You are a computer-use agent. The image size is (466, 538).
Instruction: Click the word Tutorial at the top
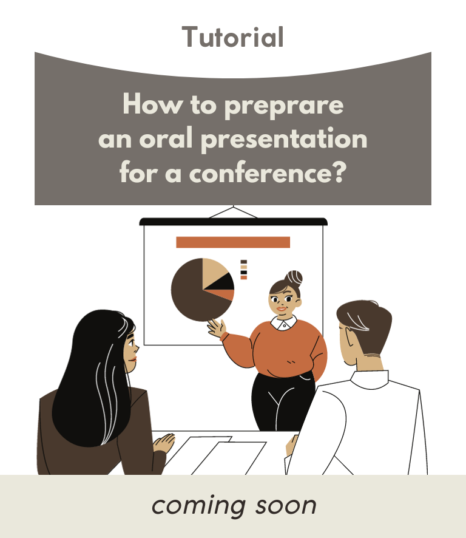[232, 36]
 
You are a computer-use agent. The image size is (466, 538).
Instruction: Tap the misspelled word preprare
[284, 106]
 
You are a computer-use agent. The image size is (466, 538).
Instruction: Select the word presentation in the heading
[284, 139]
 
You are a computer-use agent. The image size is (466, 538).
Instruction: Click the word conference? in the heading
[268, 172]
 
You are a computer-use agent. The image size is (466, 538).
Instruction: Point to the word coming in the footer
[199, 506]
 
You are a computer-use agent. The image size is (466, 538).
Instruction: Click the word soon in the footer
[286, 506]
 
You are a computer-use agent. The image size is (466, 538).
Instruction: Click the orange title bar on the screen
[233, 242]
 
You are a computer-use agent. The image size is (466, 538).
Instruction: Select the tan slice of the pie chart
[214, 273]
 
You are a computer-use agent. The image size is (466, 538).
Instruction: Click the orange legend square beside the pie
[244, 278]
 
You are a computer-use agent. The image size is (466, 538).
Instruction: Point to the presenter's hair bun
[294, 278]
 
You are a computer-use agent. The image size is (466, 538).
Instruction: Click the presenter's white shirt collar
[284, 323]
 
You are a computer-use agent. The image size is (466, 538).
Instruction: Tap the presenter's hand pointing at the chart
[217, 328]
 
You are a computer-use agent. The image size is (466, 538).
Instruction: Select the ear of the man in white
[348, 339]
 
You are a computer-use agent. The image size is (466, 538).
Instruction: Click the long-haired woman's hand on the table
[164, 443]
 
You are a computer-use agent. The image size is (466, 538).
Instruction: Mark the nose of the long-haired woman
[137, 349]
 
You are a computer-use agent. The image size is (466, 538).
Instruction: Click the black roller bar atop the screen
[233, 222]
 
